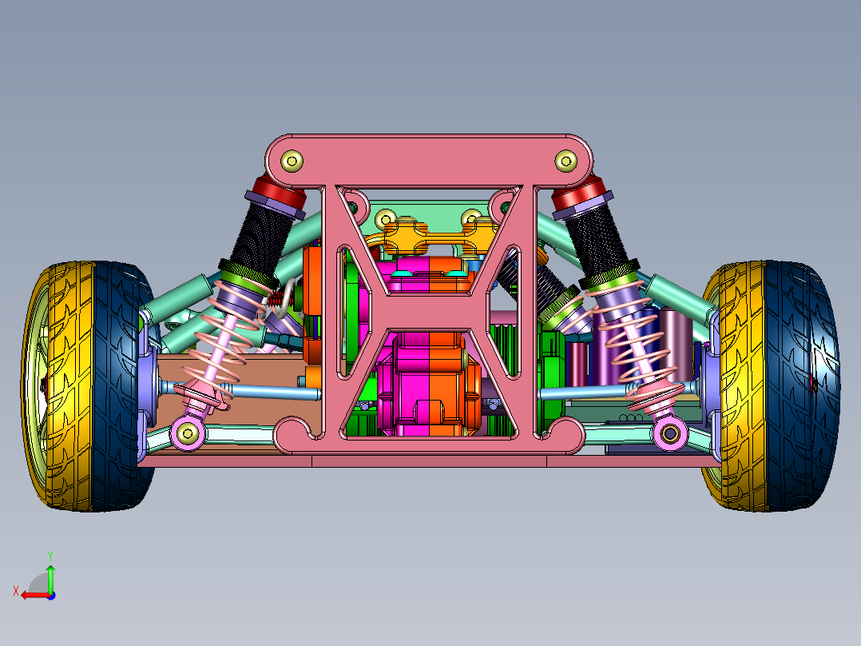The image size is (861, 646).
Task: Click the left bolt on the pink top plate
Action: click(292, 161)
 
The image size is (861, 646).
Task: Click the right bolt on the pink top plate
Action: click(565, 161)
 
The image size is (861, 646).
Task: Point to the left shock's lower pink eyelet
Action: click(188, 433)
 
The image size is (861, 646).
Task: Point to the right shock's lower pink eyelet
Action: click(669, 433)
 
